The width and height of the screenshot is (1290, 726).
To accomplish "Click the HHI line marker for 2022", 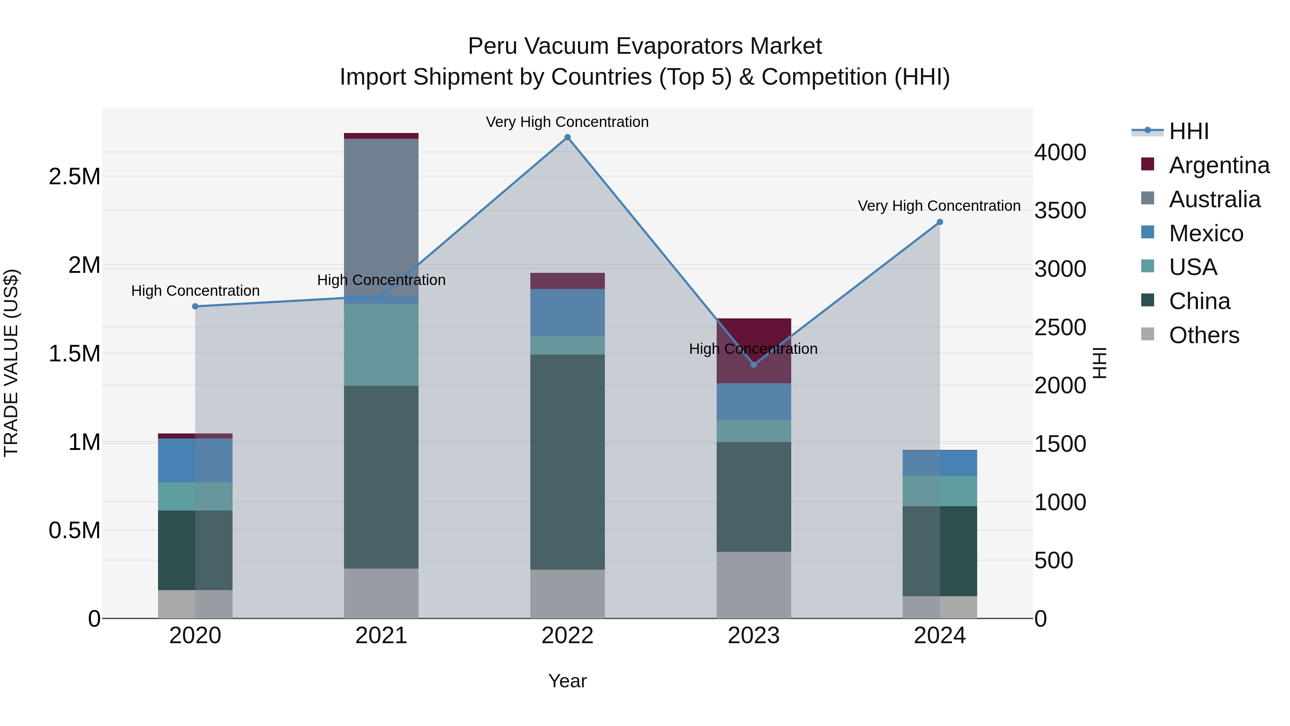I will (567, 137).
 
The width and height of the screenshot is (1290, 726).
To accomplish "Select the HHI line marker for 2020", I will (195, 306).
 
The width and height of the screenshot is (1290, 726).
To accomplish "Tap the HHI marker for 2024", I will (940, 222).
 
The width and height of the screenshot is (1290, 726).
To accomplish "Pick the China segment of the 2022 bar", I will (567, 461).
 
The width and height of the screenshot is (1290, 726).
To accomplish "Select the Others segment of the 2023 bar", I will (754, 585).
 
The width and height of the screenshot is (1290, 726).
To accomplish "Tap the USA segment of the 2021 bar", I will (381, 345).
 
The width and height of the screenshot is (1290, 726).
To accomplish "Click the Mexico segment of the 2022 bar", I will (567, 312).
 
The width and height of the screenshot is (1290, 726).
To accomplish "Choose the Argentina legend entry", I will (1219, 165).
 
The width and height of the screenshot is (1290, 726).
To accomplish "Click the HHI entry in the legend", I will (1188, 131).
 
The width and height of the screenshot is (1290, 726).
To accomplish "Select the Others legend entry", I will (1204, 335).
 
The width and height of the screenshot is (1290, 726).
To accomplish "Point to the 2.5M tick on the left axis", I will (75, 177).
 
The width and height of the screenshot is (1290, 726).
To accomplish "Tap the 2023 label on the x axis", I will (754, 636).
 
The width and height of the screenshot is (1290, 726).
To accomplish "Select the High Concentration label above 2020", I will (195, 291).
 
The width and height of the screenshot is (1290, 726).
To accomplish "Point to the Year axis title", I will (567, 681).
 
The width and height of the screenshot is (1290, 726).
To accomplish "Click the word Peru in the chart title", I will (489, 46).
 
